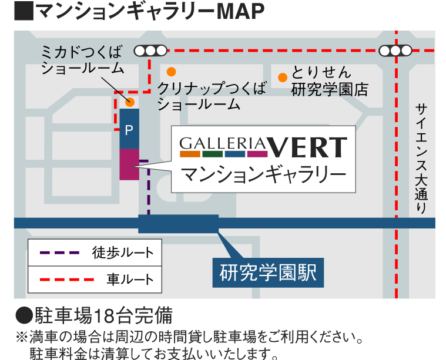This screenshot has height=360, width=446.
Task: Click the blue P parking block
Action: [129, 129]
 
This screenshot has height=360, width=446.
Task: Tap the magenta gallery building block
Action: [129, 164]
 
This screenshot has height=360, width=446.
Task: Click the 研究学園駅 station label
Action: [268, 272]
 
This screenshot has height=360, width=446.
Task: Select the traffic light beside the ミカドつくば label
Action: [150, 51]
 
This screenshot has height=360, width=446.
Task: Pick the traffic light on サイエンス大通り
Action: [395, 51]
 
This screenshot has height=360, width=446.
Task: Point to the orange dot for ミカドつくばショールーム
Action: [130, 102]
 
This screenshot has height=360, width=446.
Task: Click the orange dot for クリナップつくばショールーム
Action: [171, 72]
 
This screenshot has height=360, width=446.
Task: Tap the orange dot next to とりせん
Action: [283, 78]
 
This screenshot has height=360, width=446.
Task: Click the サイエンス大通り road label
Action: [421, 158]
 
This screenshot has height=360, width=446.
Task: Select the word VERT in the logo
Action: [307, 147]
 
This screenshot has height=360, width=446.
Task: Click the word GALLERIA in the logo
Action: [223, 144]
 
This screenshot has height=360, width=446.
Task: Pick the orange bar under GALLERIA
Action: [190, 154]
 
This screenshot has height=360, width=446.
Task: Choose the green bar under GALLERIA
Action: [213, 154]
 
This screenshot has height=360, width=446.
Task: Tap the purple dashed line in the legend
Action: [59, 253]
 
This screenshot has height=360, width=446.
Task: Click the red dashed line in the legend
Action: [67, 280]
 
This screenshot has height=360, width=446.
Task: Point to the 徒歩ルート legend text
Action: [123, 253]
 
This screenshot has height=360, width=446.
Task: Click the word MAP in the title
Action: [240, 11]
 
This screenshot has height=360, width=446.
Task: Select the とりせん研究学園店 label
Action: [330, 81]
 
